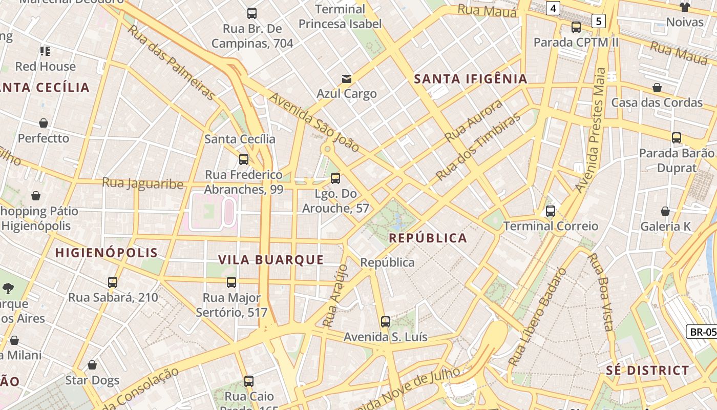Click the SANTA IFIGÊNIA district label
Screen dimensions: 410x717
[470, 79]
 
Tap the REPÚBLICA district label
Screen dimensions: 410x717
[428, 238]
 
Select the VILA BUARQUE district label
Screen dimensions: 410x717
[271, 260]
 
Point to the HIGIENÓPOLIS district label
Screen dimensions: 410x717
[107, 253]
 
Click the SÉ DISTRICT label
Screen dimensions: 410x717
[647, 371]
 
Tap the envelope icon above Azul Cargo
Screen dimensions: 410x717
[347, 78]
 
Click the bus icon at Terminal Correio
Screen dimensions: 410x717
[551, 211]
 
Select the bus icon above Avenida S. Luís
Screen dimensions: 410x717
[386, 322]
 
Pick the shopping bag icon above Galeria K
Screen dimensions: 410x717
[665, 211]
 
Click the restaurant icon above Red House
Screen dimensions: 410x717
[45, 51]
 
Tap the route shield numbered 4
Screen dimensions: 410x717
[553, 8]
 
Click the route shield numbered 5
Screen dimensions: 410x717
[598, 21]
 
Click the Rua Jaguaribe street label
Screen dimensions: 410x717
[142, 183]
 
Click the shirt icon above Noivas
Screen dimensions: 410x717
[685, 7]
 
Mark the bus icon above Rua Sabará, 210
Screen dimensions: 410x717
[113, 282]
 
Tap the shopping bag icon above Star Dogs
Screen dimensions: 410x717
[92, 365]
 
